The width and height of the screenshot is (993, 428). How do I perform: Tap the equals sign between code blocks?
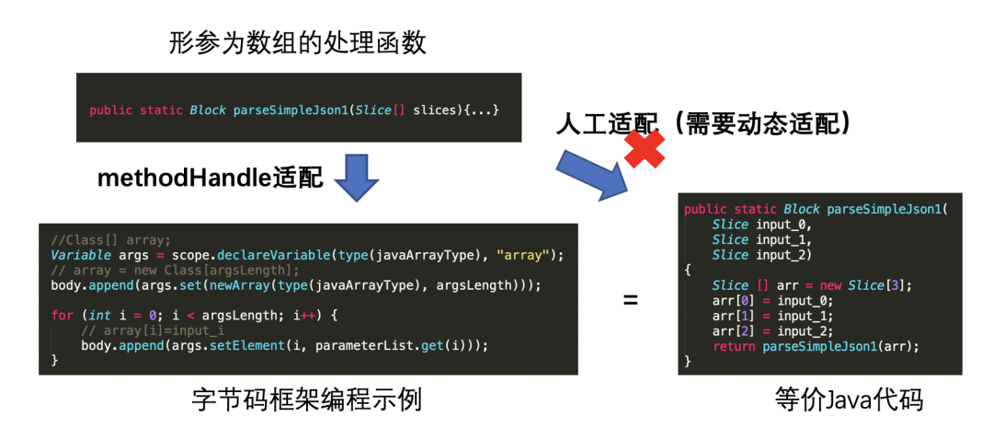click(x=630, y=299)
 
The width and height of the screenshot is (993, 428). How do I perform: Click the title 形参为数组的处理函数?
click(x=298, y=42)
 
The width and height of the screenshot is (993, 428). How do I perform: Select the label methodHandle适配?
click(x=211, y=179)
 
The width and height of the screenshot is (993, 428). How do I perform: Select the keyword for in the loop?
click(x=62, y=316)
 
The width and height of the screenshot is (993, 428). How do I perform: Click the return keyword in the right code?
click(x=734, y=346)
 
